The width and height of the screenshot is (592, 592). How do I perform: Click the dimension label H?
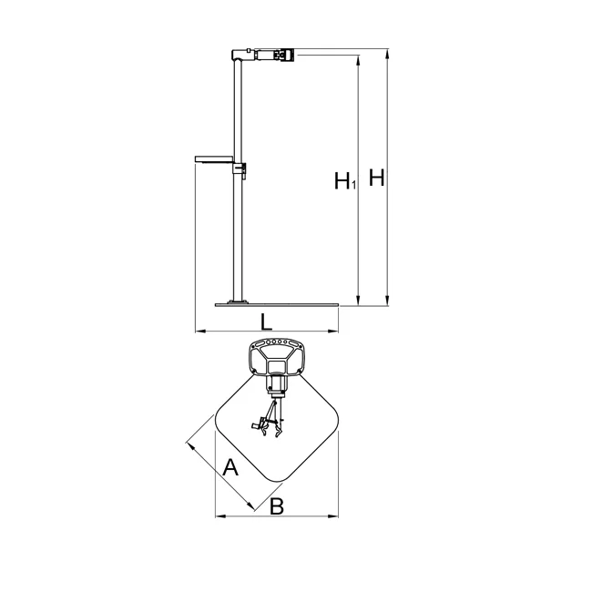pyautogui.click(x=376, y=178)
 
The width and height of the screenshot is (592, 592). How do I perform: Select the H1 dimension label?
pyautogui.click(x=345, y=180)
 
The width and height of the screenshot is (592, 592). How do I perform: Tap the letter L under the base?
pyautogui.click(x=266, y=322)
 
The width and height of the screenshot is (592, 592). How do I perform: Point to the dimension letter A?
pyautogui.click(x=230, y=467)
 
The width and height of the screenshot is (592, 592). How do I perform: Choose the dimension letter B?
pyautogui.click(x=277, y=506)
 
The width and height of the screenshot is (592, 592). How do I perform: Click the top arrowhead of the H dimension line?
pyautogui.click(x=386, y=54)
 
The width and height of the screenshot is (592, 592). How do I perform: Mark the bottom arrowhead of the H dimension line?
pyautogui.click(x=386, y=301)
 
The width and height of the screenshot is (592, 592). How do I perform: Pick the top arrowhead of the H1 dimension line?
pyautogui.click(x=358, y=60)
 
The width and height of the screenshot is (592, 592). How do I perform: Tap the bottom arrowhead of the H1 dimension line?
pyautogui.click(x=358, y=301)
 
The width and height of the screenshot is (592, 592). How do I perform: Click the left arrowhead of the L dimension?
pyautogui.click(x=200, y=332)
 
